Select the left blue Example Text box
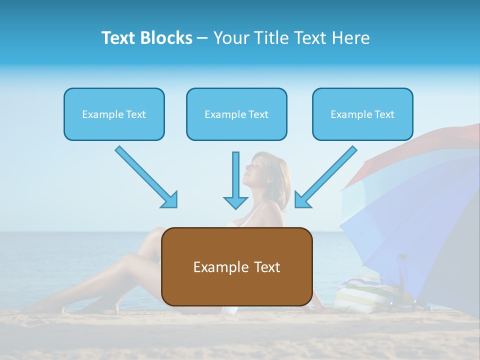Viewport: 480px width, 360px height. point(114,114)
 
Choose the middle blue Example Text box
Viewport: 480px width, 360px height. point(236,114)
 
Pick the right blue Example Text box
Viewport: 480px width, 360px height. point(362,114)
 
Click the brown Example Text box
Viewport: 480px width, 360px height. point(236,266)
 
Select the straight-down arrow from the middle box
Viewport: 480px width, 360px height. point(235,180)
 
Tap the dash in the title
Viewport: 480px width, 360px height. point(202,38)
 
